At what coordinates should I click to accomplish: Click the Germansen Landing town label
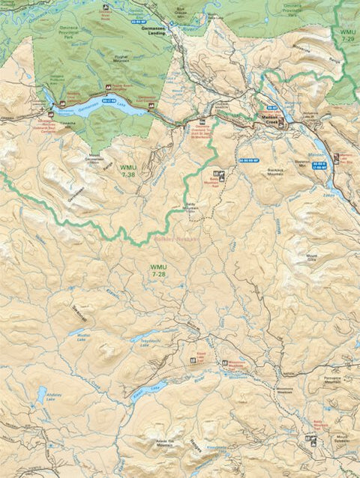152,35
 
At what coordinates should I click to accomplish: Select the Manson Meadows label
287,392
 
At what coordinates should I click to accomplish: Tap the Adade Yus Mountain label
165,443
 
